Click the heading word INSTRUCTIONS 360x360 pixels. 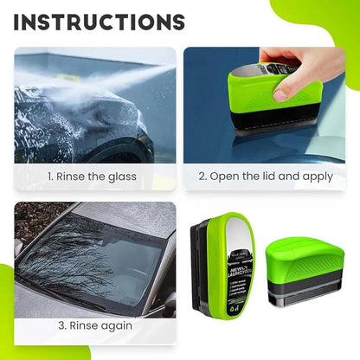click(99, 22)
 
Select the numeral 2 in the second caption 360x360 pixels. click(203, 177)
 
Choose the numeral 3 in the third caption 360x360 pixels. click(62, 325)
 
